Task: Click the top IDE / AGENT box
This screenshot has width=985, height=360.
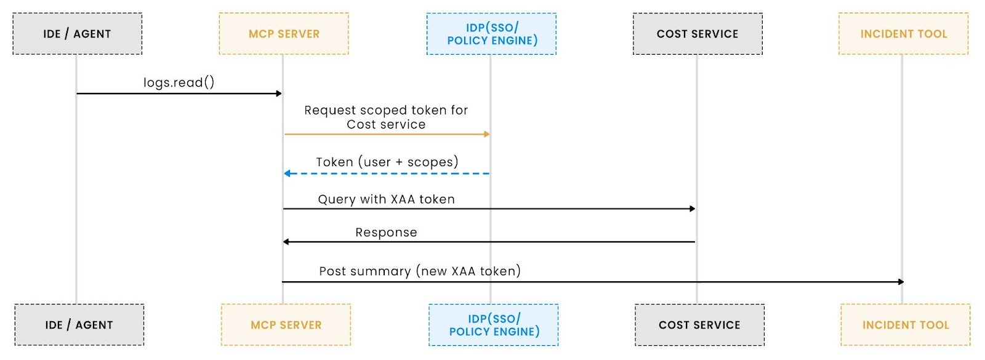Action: click(x=77, y=34)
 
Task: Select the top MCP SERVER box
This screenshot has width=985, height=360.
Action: click(x=284, y=34)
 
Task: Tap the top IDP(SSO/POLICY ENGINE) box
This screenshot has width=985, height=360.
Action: click(x=491, y=34)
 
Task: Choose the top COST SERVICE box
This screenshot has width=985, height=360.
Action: click(x=698, y=34)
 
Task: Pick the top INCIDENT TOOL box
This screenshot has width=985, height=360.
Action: click(x=903, y=34)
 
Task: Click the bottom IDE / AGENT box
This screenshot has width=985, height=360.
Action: click(x=79, y=325)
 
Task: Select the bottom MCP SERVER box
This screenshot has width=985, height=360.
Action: click(x=286, y=325)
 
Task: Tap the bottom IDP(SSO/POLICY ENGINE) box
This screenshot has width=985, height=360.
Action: click(x=494, y=325)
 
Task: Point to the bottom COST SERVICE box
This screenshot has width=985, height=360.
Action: click(x=699, y=325)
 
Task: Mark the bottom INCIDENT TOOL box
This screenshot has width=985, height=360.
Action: click(x=906, y=325)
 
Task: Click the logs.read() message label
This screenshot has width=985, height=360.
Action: click(x=179, y=82)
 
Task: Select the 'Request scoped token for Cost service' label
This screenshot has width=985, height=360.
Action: click(x=386, y=117)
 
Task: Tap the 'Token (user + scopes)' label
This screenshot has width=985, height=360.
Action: click(x=387, y=162)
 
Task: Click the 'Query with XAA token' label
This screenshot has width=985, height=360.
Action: click(x=386, y=199)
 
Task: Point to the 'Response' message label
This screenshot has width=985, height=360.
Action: click(x=386, y=233)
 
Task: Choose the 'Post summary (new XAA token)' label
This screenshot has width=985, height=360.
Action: click(x=419, y=271)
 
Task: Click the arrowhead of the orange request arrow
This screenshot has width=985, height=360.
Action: click(x=487, y=134)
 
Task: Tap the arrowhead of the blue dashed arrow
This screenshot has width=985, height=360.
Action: click(x=287, y=174)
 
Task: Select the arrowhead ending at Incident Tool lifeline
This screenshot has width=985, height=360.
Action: click(x=901, y=282)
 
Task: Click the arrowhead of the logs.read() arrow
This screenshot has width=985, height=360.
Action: click(x=279, y=94)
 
